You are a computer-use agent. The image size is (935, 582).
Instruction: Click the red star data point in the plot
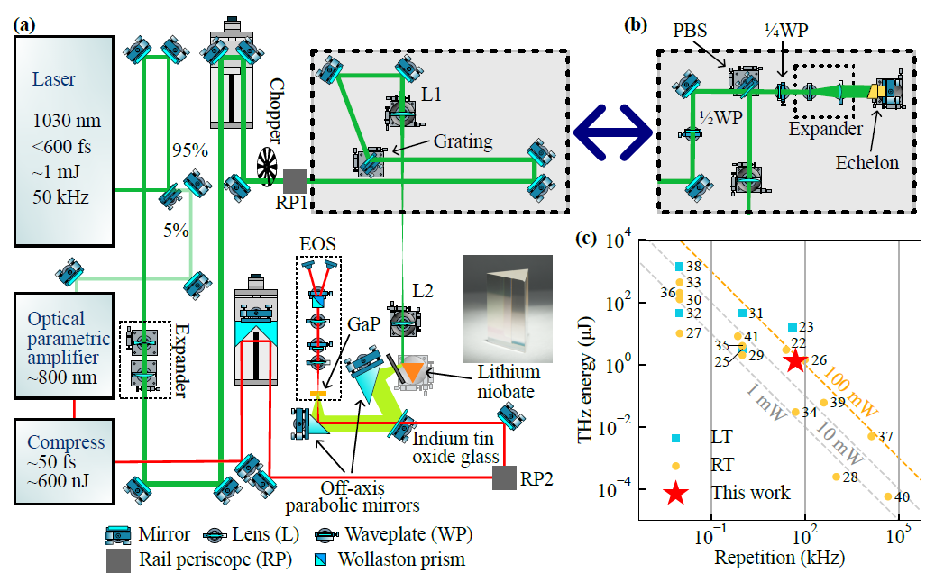tap(794, 361)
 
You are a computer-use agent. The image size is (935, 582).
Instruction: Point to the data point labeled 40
tap(888, 496)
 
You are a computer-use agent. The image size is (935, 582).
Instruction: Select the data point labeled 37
tap(871, 436)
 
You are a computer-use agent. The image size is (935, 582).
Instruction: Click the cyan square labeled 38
tap(678, 267)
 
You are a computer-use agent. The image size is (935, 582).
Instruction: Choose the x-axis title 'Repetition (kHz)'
tap(780, 558)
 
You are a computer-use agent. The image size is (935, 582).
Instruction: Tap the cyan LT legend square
tap(676, 438)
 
